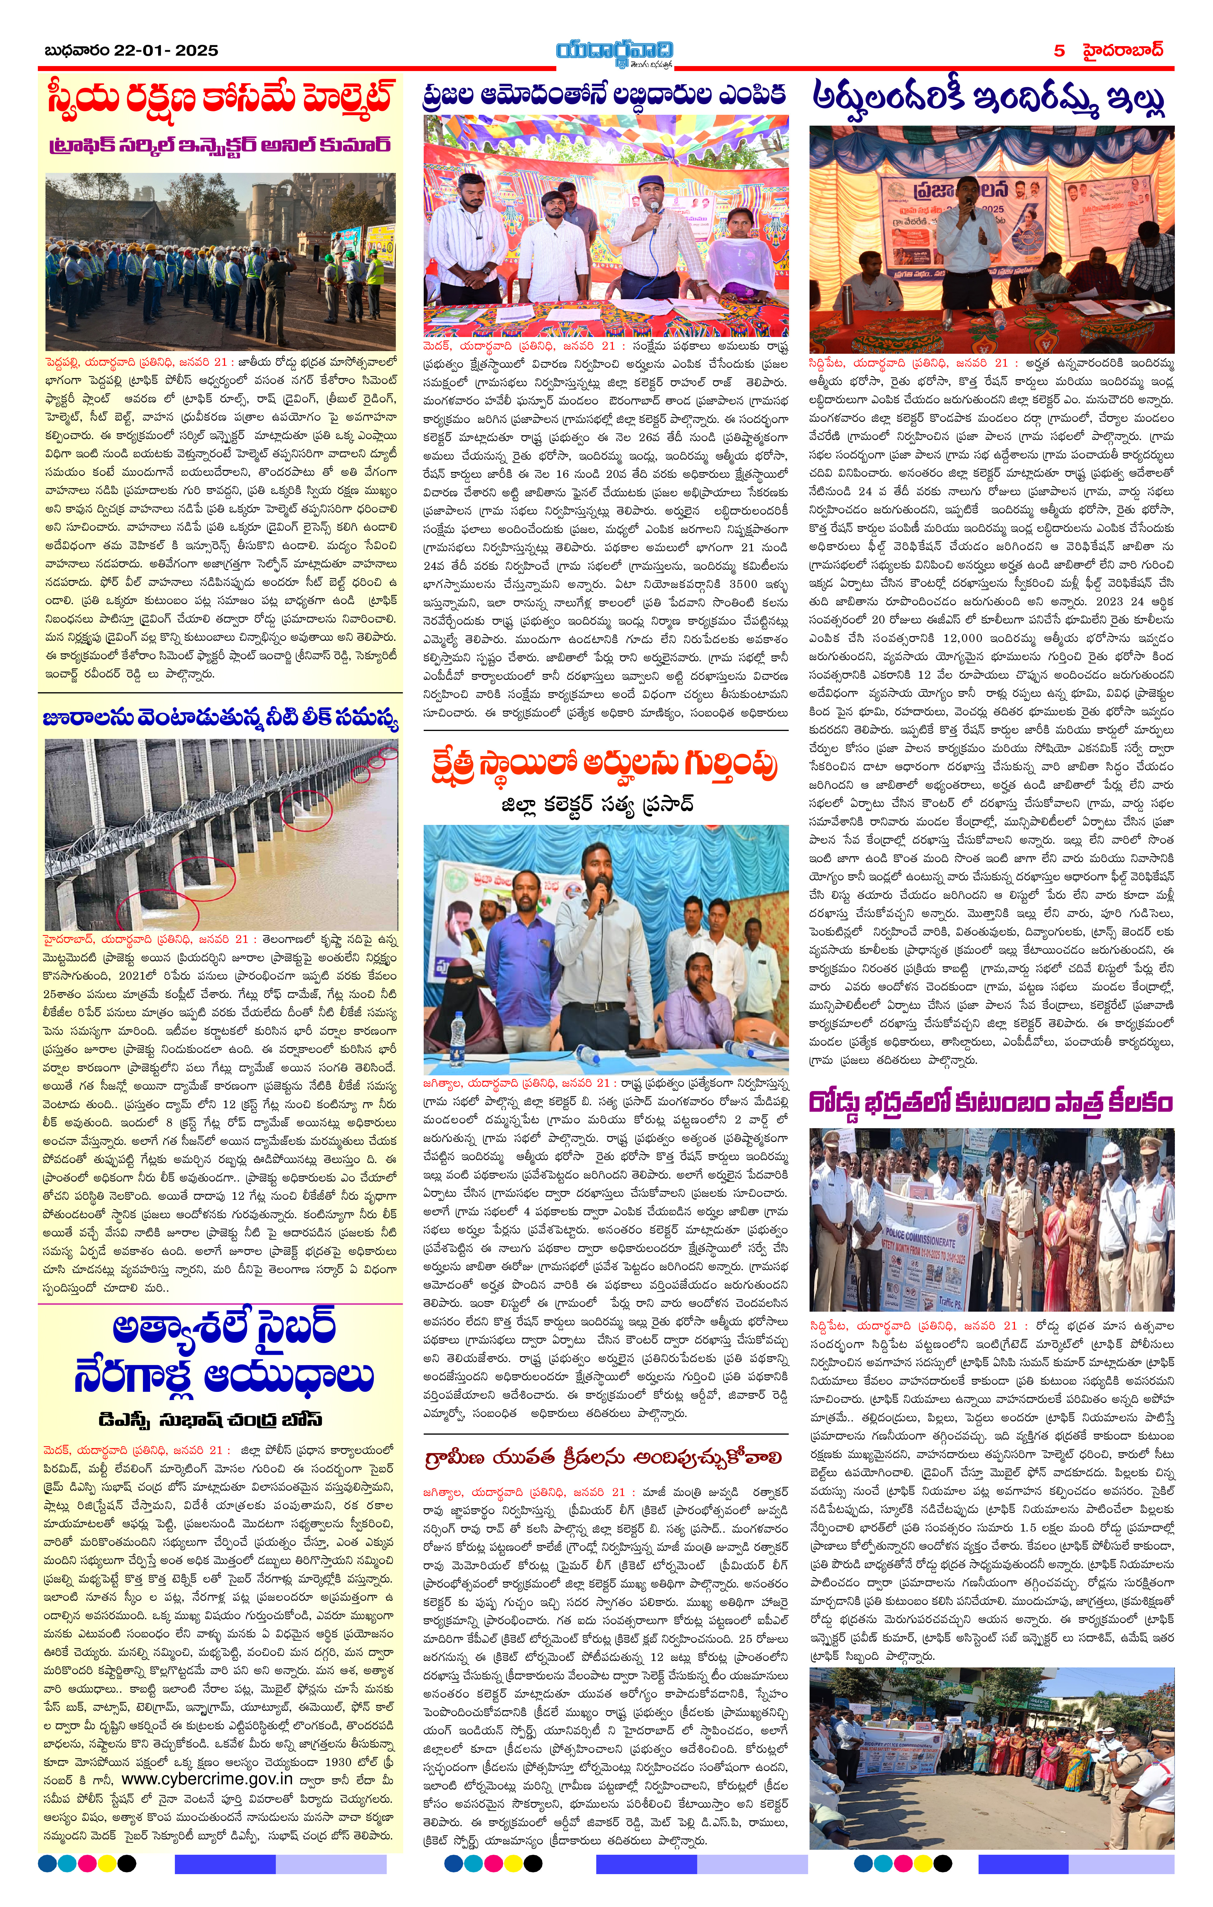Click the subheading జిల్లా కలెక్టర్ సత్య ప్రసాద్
click(598, 805)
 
